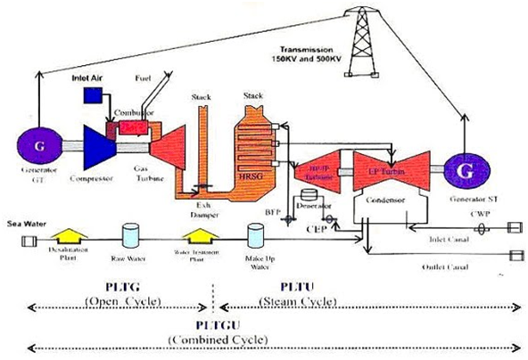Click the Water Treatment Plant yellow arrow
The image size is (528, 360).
click(199, 236)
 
